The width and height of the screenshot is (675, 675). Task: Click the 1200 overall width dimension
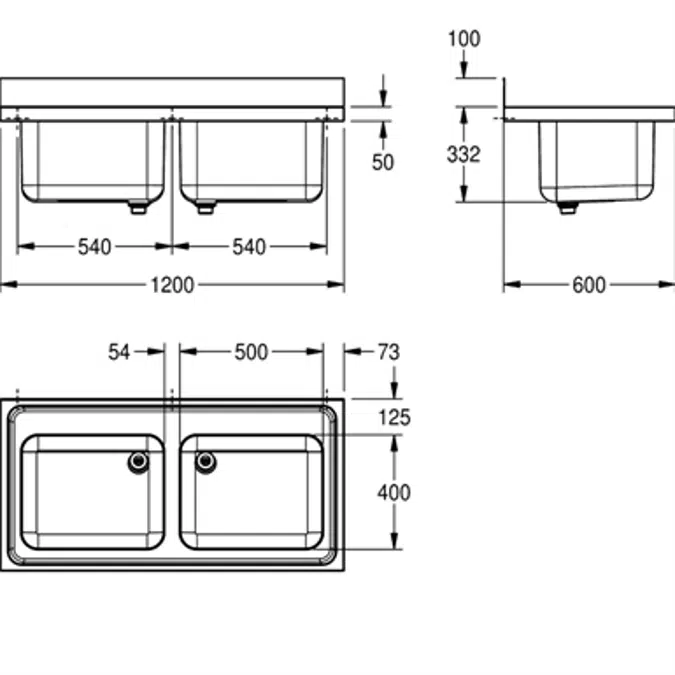pyautogui.click(x=172, y=286)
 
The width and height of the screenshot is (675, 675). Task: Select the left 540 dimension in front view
pyautogui.click(x=95, y=247)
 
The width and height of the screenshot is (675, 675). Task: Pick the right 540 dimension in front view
pyautogui.click(x=249, y=247)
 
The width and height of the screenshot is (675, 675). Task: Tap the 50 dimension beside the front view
pyautogui.click(x=383, y=162)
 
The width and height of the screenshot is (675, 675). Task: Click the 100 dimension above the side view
pyautogui.click(x=464, y=39)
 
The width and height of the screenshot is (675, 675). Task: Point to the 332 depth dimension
pyautogui.click(x=463, y=154)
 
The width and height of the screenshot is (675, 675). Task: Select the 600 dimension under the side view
pyautogui.click(x=589, y=286)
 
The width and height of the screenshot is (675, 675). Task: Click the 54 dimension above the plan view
pyautogui.click(x=120, y=351)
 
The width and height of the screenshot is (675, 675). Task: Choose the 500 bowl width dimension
pyautogui.click(x=250, y=351)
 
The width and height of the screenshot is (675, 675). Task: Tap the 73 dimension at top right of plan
pyautogui.click(x=388, y=351)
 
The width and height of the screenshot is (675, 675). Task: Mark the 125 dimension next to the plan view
pyautogui.click(x=394, y=418)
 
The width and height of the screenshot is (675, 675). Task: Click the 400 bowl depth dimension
pyautogui.click(x=394, y=492)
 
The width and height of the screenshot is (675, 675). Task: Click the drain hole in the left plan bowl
pyautogui.click(x=138, y=461)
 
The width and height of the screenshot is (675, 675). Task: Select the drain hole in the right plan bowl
pyautogui.click(x=206, y=461)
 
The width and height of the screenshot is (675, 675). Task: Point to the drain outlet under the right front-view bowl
pyautogui.click(x=205, y=208)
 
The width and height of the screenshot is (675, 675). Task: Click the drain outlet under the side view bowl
pyautogui.click(x=567, y=209)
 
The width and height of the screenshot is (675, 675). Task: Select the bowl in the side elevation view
pyautogui.click(x=598, y=160)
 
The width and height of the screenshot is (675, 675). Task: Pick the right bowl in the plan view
pyautogui.click(x=252, y=492)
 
